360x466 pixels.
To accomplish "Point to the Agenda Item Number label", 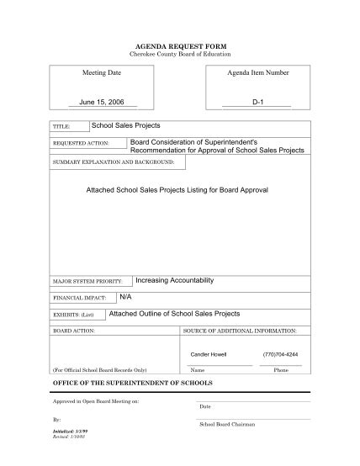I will pyautogui.click(x=258, y=73).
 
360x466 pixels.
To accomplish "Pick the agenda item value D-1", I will pyautogui.click(x=257, y=102).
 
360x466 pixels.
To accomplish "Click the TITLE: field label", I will pyautogui.click(x=61, y=127).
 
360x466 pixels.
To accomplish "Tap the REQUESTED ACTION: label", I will pyautogui.click(x=82, y=144).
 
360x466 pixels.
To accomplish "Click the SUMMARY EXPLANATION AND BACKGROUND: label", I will pyautogui.click(x=114, y=161).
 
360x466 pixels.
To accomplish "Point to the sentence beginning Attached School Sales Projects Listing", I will pyautogui.click(x=177, y=190).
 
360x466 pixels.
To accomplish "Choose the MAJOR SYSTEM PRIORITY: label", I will pyautogui.click(x=87, y=281).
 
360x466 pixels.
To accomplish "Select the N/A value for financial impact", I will pyautogui.click(x=125, y=297).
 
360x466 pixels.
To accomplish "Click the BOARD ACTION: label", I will pyautogui.click(x=74, y=331).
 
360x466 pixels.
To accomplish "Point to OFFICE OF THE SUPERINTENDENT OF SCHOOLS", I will pyautogui.click(x=133, y=384).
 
